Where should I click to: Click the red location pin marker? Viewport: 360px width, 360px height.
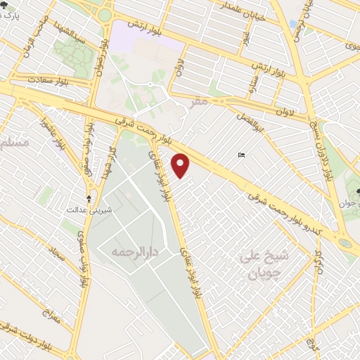[x=182, y=166]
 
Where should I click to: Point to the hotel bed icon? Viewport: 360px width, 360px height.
[x=242, y=155]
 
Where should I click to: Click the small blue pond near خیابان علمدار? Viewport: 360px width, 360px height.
[x=292, y=25]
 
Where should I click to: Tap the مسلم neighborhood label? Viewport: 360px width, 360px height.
[x=15, y=143]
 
